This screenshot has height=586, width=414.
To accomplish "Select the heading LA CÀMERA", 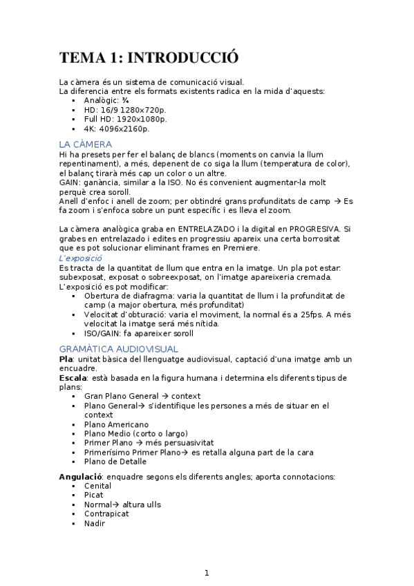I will coord(86,144).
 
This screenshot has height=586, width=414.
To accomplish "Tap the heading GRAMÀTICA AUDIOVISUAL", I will coord(119,349).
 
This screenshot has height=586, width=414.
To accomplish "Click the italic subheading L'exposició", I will coord(81,258).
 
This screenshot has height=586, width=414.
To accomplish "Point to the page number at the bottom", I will coord(207,573).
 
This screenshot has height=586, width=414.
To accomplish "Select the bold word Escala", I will coord(73,378).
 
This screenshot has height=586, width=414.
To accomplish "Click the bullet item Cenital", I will coord(97,486).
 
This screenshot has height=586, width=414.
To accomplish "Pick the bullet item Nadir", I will coord(95,523).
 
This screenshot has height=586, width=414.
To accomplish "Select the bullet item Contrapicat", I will coord(107,514).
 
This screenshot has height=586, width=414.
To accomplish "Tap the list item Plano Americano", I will coord(116,424).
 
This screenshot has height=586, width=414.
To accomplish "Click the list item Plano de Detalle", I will coord(115,462).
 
